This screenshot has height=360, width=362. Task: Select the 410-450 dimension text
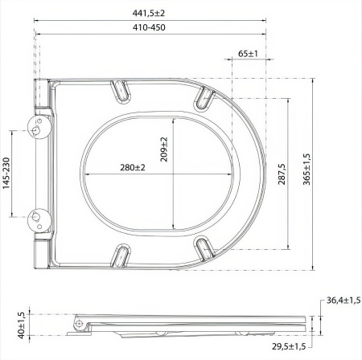pos(150,27)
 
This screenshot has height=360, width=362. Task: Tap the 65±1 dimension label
pos(248,54)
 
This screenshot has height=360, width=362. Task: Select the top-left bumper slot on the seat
pos(122,88)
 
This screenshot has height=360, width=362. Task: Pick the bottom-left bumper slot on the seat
pos(122,256)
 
